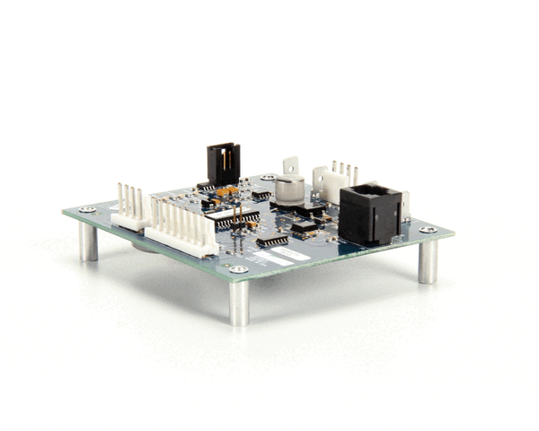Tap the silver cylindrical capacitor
288,189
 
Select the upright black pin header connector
223,163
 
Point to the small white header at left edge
128,208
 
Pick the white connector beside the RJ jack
331,183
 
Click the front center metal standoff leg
239,302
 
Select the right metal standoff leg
428,260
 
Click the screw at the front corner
238,269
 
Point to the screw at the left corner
87,209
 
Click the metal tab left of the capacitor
289,166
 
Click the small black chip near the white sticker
271,241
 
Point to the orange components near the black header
227,191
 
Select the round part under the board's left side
144,243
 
